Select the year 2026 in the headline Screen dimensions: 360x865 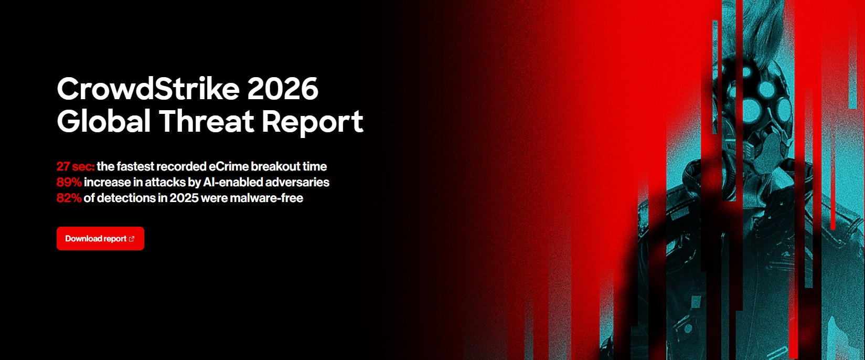pyautogui.click(x=283, y=89)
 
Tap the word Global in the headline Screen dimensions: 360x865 pyautogui.click(x=104, y=121)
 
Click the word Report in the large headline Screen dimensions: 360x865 pyautogui.click(x=313, y=121)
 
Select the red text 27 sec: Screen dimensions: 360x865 pyautogui.click(x=76, y=166)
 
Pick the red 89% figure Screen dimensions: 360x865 pyautogui.click(x=69, y=182)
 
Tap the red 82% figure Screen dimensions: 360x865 pyautogui.click(x=69, y=198)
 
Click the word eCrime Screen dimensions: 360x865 pyautogui.click(x=229, y=166)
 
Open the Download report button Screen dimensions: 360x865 pyautogui.click(x=100, y=239)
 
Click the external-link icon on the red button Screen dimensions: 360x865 pyautogui.click(x=132, y=239)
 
